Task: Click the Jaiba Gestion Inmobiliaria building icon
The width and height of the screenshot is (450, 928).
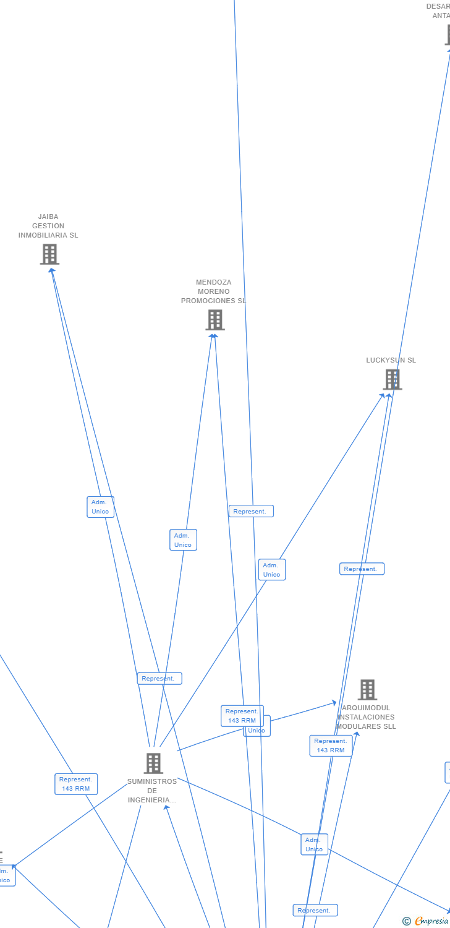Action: coord(49,254)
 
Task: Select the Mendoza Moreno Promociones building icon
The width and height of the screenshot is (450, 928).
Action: coord(215,320)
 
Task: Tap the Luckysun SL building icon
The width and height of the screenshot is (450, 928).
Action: coord(393,379)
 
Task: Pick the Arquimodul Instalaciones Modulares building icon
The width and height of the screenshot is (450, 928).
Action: coord(367,690)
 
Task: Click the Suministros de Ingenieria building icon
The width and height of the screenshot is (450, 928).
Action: coord(153,763)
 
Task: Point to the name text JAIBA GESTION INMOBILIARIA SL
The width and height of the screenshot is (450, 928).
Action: coord(48,226)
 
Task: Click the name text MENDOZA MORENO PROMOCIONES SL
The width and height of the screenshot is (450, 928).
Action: coord(213,292)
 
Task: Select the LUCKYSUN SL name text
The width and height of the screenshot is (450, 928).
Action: coord(391,361)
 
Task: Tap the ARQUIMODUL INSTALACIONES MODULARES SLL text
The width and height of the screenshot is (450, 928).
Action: coord(367,718)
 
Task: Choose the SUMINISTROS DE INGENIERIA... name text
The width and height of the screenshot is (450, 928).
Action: coord(152,791)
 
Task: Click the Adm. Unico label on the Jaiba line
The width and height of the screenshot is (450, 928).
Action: coord(100,507)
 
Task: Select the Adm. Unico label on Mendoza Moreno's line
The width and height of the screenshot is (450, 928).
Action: coord(183,540)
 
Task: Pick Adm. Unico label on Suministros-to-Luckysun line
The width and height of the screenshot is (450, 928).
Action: coord(271,570)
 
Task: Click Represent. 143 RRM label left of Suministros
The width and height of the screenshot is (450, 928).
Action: coord(76,784)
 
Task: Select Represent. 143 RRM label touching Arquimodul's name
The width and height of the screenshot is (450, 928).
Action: coord(331,745)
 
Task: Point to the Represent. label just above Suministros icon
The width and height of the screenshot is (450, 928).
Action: coord(159,679)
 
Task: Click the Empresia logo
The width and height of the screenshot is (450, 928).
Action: coord(431,921)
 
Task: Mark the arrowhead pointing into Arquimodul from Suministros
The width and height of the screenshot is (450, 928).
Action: coord(334,703)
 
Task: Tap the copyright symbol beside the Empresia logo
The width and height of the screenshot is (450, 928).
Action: coord(407,921)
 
